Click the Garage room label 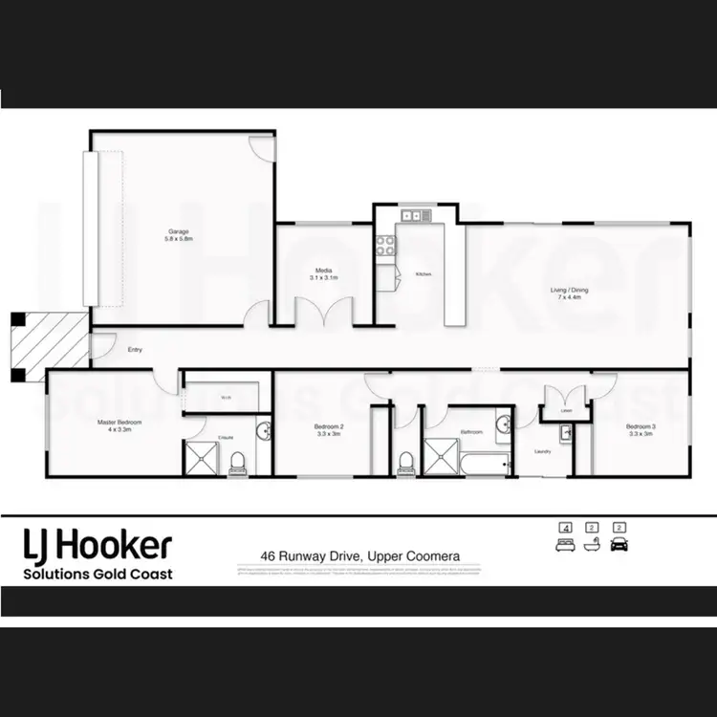[179, 235]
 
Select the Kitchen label [424, 274]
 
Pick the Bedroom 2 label [328, 430]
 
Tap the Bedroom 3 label [639, 430]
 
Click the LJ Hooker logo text [98, 547]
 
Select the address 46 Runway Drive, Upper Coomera [358, 554]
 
